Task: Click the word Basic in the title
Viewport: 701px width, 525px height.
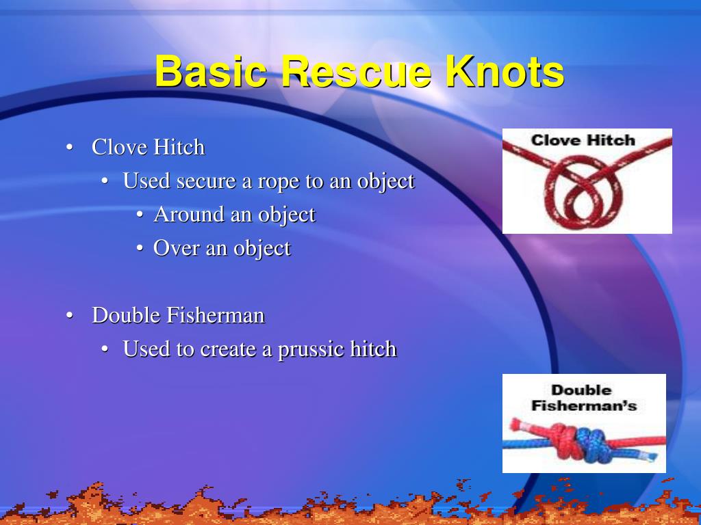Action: [211, 72]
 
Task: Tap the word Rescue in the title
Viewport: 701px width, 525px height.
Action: [356, 72]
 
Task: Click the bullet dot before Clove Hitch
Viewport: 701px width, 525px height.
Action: [69, 148]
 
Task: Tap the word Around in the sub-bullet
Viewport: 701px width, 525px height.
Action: [189, 215]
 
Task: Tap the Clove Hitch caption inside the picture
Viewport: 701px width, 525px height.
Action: [583, 141]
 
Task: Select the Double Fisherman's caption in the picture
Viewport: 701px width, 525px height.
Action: [584, 398]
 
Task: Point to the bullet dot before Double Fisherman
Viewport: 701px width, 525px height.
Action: [69, 316]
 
